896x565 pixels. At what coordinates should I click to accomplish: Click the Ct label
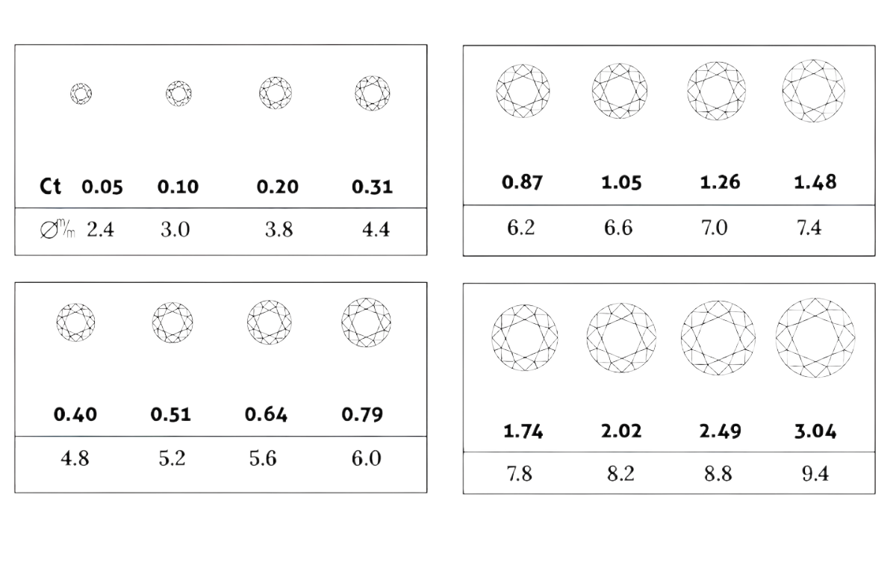point(51,187)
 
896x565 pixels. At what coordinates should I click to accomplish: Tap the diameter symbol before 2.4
point(49,231)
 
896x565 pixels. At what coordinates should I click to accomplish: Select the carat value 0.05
point(102,187)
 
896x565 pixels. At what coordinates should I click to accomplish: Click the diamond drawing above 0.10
point(178,93)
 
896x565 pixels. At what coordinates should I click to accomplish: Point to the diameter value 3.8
point(279,230)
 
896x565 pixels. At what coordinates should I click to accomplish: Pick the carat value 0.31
point(373,187)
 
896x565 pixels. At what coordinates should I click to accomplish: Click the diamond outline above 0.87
point(523,91)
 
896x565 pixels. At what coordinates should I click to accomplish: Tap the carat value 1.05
point(621,183)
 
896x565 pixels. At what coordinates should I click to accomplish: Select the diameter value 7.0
point(715,228)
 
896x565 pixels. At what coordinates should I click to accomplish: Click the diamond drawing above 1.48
point(814,91)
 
